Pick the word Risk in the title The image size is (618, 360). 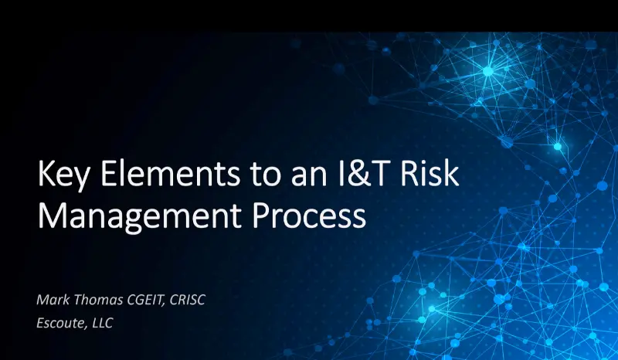(430, 173)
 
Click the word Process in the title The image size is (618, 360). (310, 216)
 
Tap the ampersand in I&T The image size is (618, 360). (359, 174)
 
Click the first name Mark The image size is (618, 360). (53, 300)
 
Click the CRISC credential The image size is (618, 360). (187, 300)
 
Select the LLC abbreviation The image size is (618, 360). (103, 323)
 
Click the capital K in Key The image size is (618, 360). (46, 173)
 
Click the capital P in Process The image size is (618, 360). (261, 216)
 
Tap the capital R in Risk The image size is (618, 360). (409, 173)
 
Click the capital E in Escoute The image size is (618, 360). (41, 323)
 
